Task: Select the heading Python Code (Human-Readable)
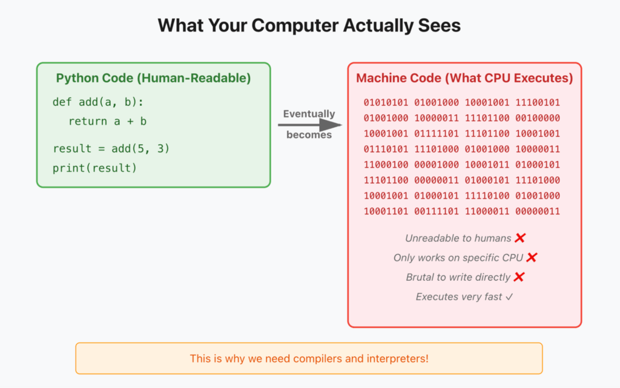coord(153,78)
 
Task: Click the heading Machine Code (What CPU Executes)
coord(464,78)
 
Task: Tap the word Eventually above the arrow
coord(309,114)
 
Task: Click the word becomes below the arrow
coord(309,135)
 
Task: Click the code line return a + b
coord(108,121)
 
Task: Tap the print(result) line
coord(94,168)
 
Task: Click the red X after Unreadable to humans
coord(519,238)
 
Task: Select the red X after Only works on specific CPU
coord(532,257)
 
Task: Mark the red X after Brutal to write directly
coord(519,277)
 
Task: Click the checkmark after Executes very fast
coord(509,297)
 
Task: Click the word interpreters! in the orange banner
coord(397,358)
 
